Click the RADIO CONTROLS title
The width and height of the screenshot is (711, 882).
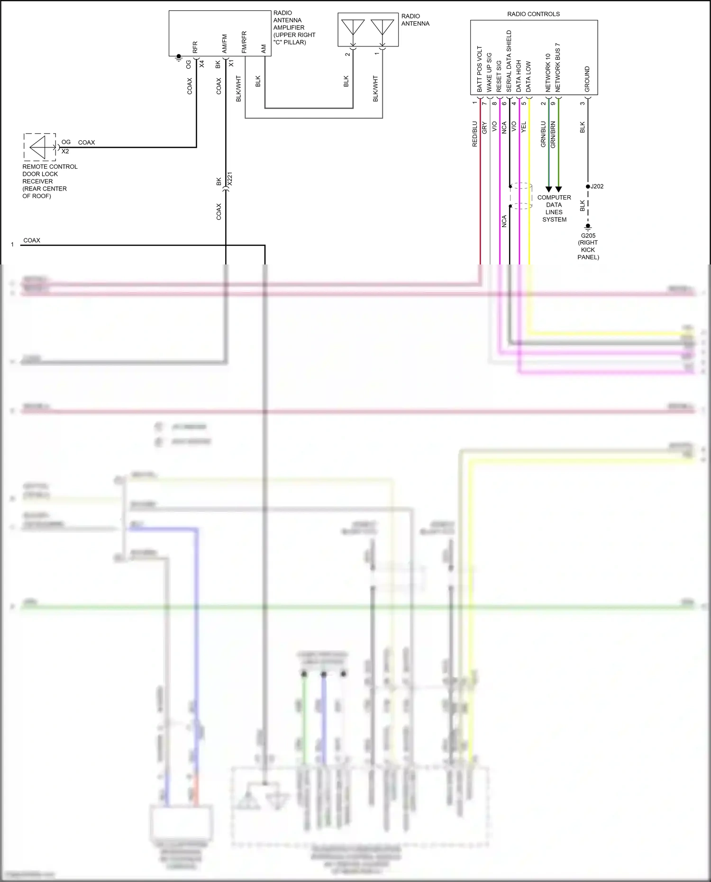[533, 14]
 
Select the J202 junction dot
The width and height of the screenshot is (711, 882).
[588, 187]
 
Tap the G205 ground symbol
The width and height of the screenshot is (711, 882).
[588, 227]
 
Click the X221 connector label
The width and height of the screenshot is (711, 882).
[230, 179]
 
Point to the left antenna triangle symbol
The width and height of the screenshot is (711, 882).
[353, 27]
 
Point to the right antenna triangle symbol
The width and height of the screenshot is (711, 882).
[383, 27]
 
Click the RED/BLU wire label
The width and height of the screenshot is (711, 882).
[474, 134]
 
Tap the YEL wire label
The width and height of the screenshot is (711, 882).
[524, 127]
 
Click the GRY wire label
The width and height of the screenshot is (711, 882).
[484, 127]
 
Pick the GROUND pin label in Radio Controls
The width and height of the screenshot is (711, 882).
[587, 79]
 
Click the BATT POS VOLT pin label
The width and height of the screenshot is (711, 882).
[479, 69]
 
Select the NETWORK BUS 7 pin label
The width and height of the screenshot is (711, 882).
[558, 67]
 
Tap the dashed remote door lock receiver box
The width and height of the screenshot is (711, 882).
[40, 147]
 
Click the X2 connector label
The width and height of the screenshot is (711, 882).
[65, 152]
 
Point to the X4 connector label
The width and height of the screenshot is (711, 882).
[202, 64]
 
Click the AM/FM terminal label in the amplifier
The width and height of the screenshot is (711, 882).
[225, 44]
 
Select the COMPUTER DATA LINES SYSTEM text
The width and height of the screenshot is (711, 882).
[554, 209]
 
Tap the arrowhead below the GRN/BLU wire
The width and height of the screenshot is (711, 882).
[549, 189]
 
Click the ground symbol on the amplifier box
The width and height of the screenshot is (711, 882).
[179, 57]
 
